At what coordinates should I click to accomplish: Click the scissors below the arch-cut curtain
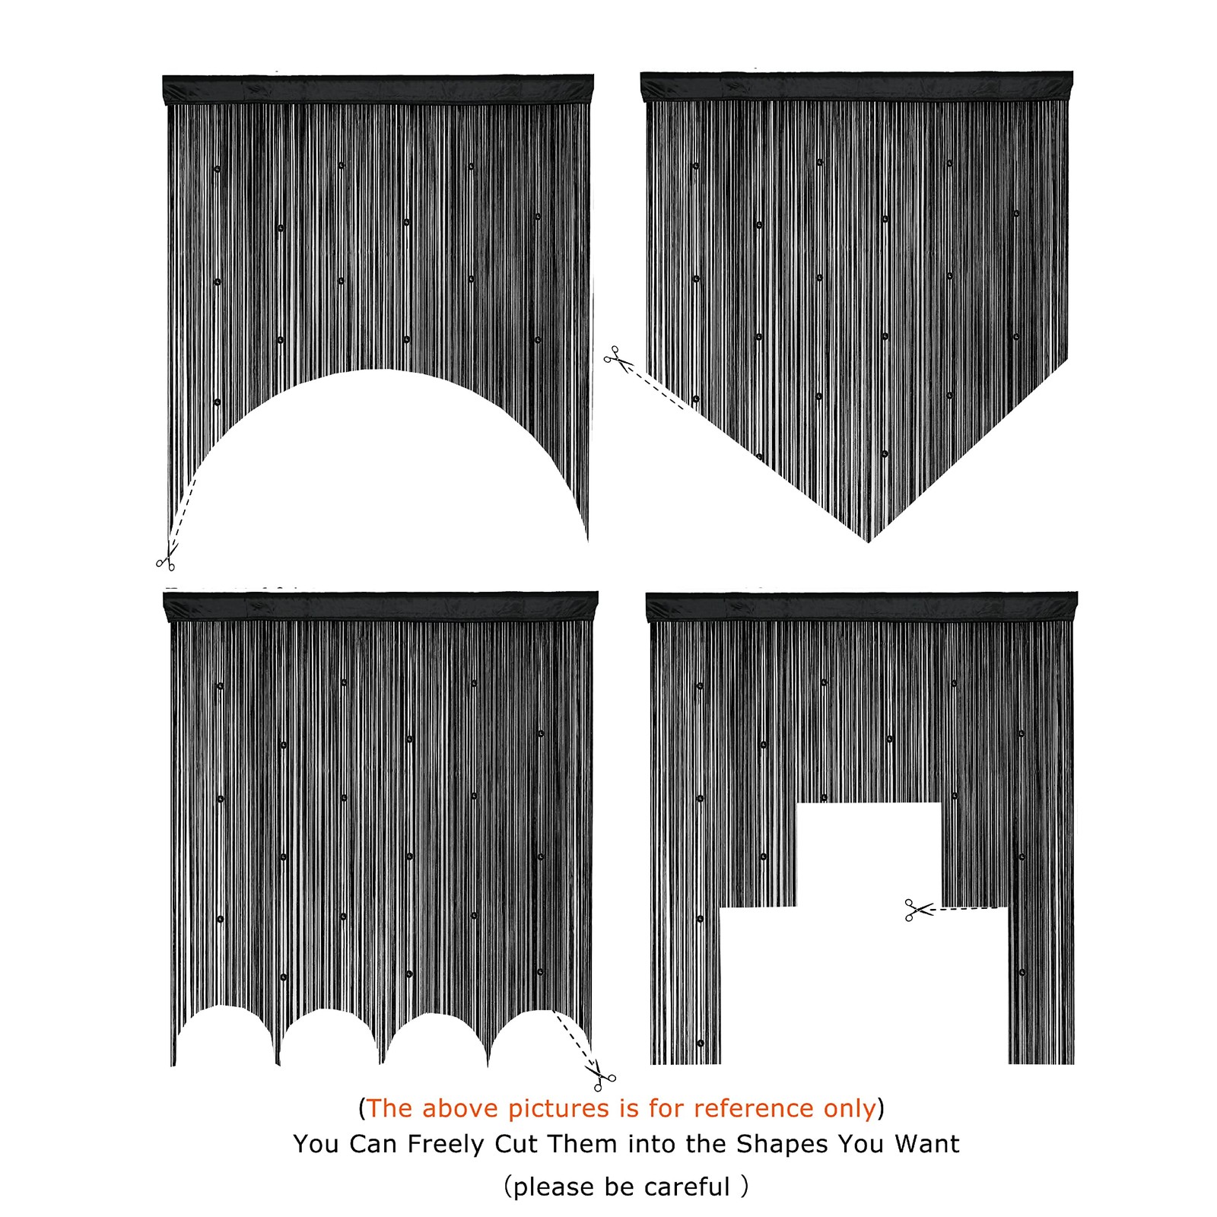point(167,560)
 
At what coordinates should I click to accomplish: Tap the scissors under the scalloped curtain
point(600,1075)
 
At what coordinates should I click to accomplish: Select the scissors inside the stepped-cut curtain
point(919,910)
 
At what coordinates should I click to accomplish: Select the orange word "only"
point(850,1109)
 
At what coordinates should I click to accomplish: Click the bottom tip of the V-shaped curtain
point(869,541)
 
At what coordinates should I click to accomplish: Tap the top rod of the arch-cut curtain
point(378,89)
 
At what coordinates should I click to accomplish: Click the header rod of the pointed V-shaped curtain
point(856,86)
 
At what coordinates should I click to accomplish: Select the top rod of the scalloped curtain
point(381,606)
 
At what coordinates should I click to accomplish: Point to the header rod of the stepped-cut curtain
point(862,606)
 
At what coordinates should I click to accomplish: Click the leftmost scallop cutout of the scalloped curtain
point(224,1036)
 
